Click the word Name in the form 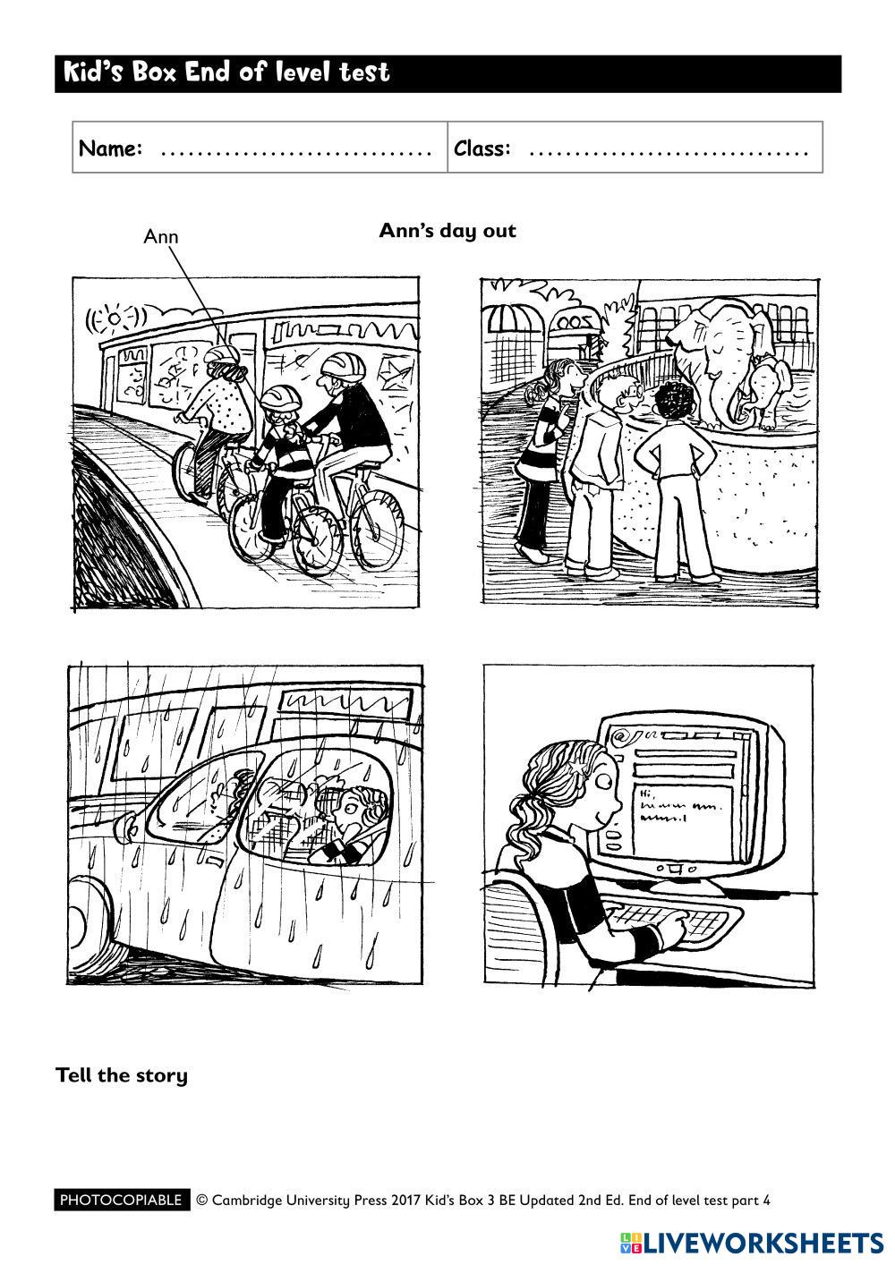click(110, 149)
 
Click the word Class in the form click(482, 149)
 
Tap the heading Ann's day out click(447, 231)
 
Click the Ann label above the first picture click(161, 236)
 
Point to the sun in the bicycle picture click(115, 320)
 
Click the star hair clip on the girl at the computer click(577, 767)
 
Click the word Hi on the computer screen click(646, 794)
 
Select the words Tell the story click(122, 1075)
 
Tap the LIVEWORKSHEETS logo click(752, 1240)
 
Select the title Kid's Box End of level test click(226, 72)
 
